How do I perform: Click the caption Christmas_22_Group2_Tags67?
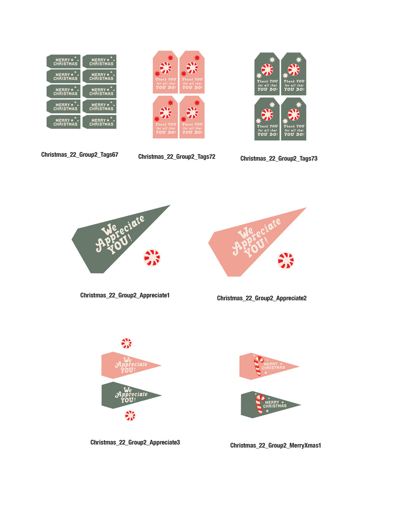pos(80,155)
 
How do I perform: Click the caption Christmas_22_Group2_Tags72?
pos(176,157)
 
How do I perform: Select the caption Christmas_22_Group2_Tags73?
pos(279,158)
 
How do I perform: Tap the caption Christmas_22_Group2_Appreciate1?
pos(125,295)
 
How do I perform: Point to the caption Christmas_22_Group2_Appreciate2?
pos(261,298)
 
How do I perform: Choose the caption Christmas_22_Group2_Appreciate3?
pos(135,442)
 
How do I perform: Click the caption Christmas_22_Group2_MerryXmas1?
pos(275,445)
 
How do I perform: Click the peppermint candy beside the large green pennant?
pos(152,258)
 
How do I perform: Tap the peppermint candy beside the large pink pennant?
pos(286,261)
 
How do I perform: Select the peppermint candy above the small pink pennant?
pos(126,344)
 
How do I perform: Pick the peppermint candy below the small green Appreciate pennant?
pos(130,415)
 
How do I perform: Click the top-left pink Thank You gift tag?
pos(165,72)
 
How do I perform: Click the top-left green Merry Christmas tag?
pos(63,61)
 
